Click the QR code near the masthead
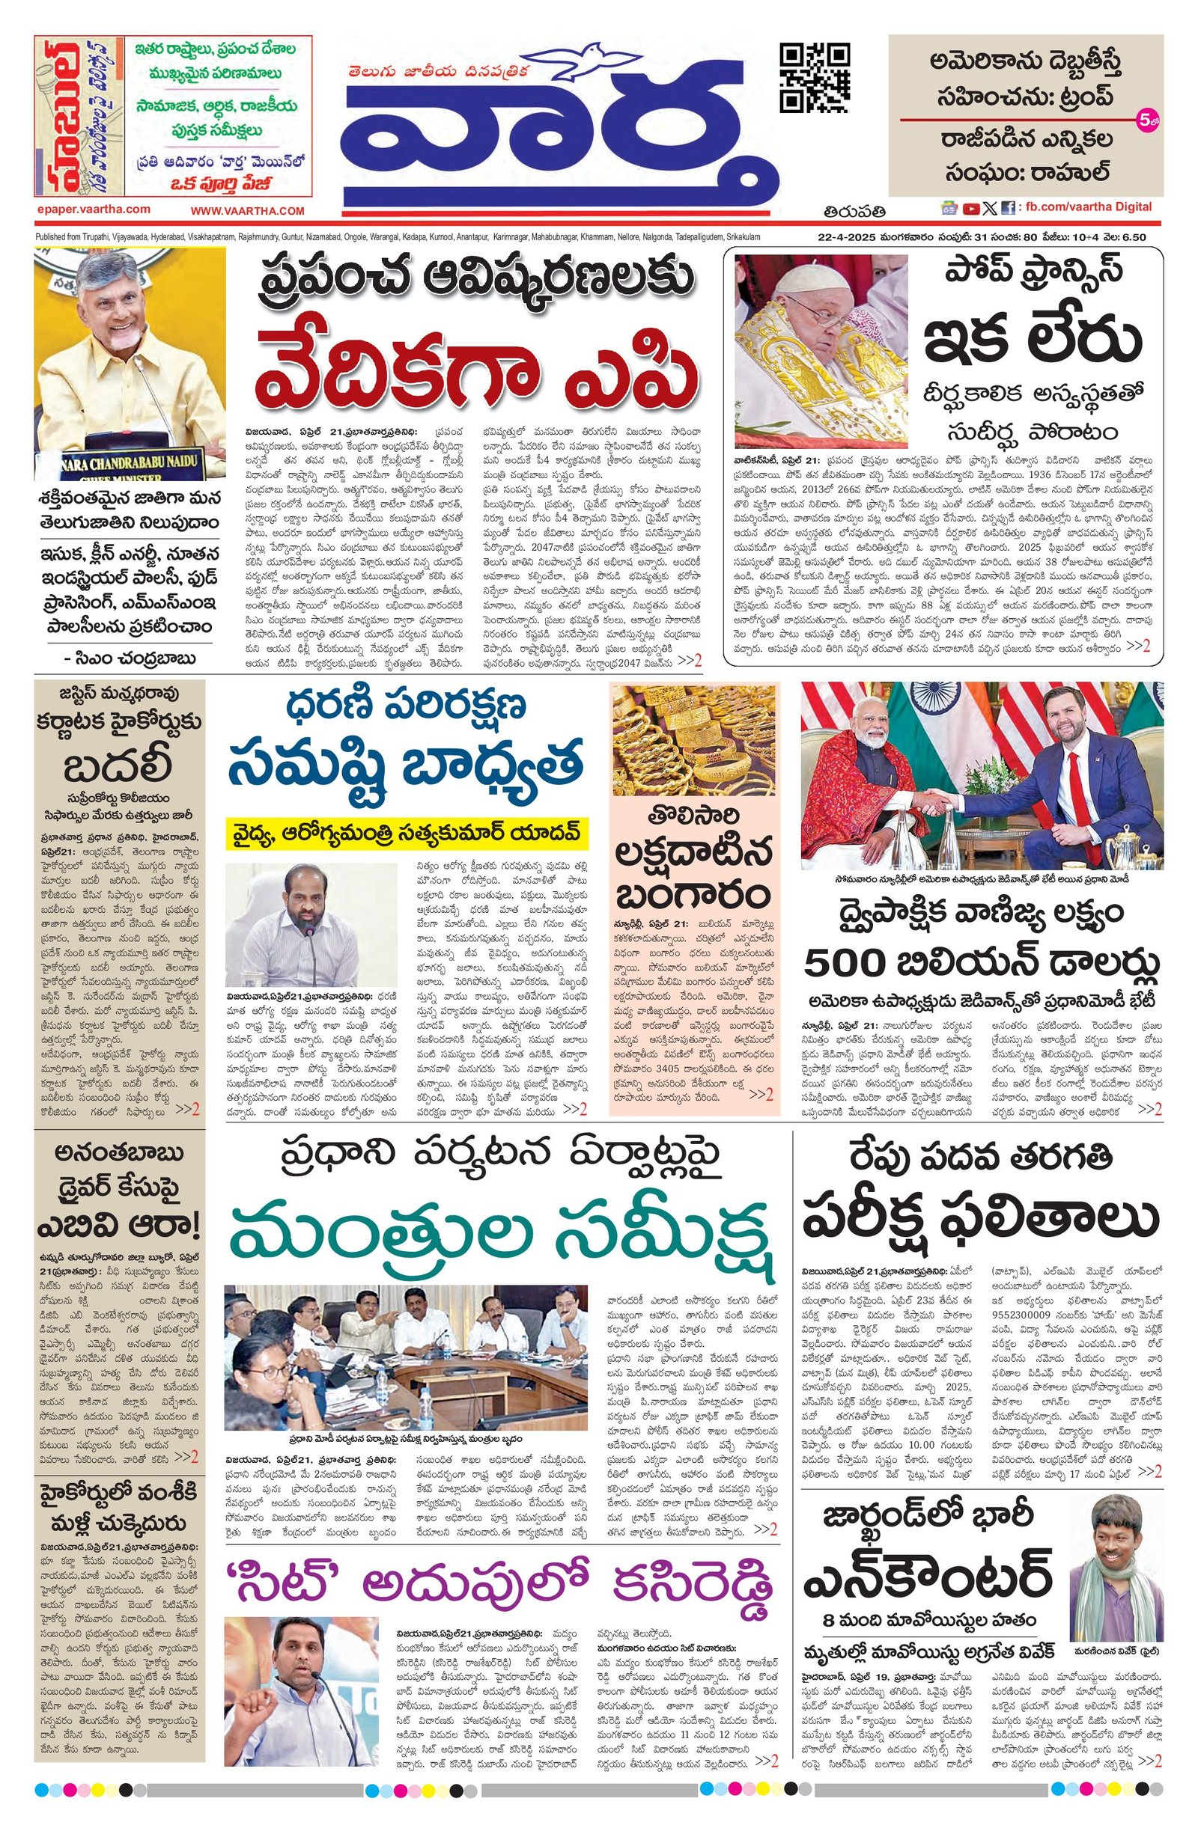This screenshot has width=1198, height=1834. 815,79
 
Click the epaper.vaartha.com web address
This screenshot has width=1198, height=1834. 93,209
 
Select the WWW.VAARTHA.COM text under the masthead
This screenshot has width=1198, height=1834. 248,210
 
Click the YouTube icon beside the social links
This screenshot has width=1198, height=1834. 970,207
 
